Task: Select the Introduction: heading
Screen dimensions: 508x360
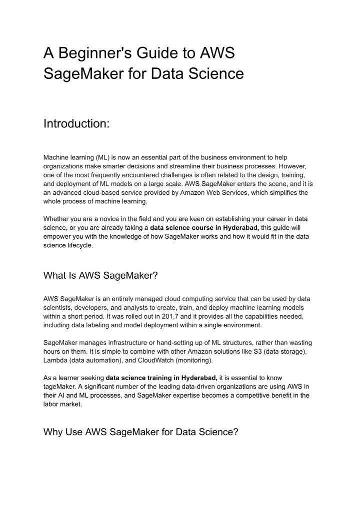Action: pyautogui.click(x=76, y=123)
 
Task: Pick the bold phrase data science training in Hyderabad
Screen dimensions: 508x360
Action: pyautogui.click(x=161, y=377)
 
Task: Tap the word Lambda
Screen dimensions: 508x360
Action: pyautogui.click(x=56, y=360)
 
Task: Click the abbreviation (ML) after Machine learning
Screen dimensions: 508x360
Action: pyautogui.click(x=98, y=158)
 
